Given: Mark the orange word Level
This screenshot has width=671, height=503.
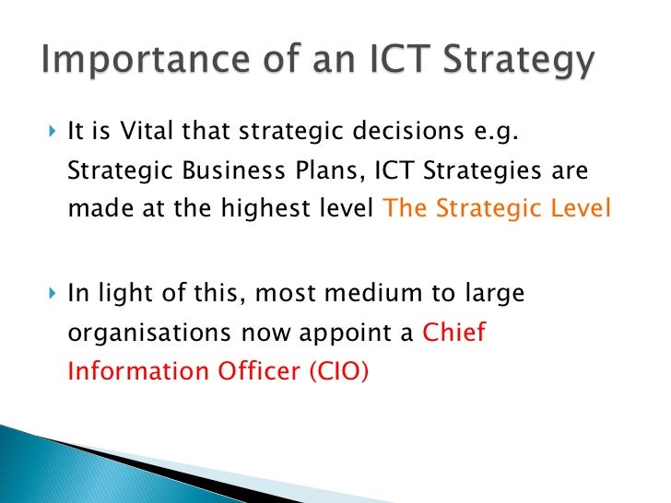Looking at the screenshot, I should [583, 209].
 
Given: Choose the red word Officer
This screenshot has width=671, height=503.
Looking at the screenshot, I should [252, 371].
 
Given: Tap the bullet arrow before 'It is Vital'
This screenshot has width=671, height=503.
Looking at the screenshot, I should [51, 135].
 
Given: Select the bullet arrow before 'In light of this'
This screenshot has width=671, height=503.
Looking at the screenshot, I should [51, 296].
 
